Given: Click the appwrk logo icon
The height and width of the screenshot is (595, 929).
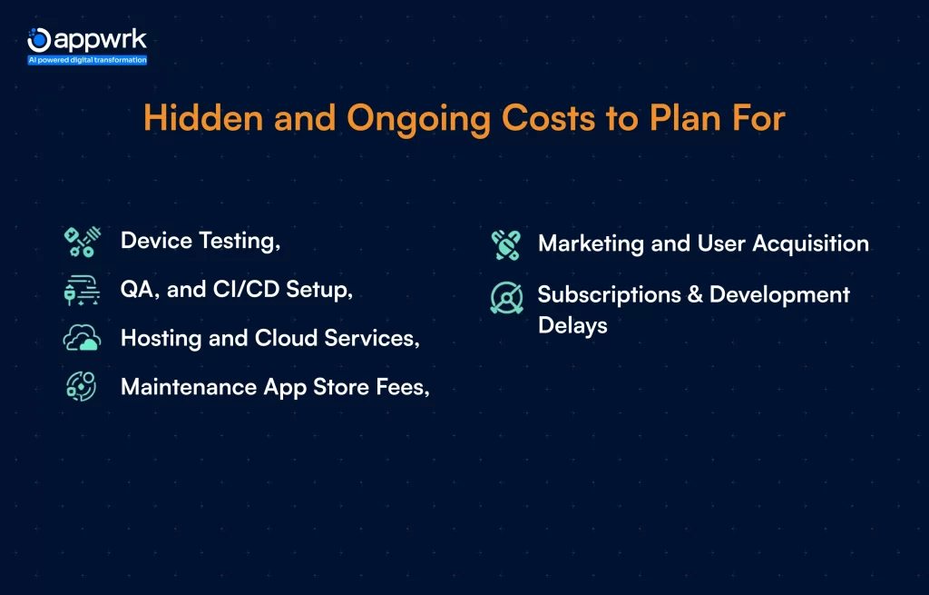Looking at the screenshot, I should [x=39, y=40].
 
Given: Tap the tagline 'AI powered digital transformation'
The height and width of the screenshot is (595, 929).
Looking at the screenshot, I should [x=87, y=60].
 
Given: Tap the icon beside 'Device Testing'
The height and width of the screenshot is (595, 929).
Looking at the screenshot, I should [x=82, y=242].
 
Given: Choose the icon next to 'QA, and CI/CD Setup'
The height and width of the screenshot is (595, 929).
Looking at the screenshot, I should [x=82, y=290].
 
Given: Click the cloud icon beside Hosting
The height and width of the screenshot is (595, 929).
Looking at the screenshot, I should [x=82, y=339].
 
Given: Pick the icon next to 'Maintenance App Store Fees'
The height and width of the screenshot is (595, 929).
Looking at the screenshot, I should [x=82, y=387].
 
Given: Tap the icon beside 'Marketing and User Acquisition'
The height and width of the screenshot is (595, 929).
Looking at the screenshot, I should [x=506, y=244].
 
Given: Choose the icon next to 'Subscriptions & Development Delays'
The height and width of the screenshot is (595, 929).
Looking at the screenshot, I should [x=506, y=297].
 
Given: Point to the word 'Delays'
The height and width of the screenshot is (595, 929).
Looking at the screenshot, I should [x=572, y=325].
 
